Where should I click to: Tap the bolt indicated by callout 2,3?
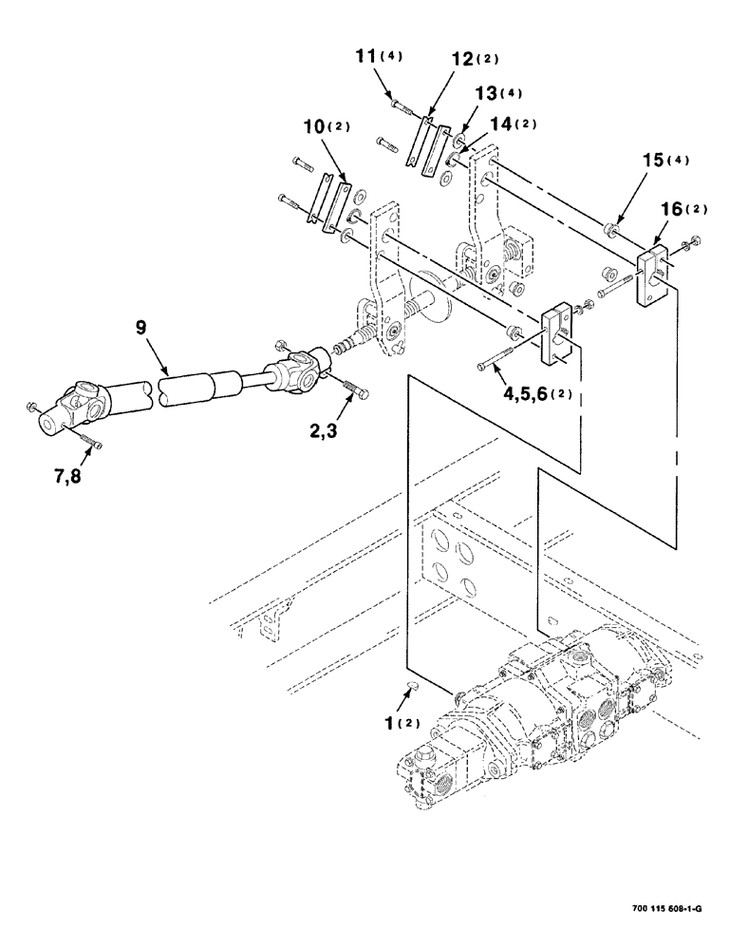353,390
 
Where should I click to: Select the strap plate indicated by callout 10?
329,201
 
